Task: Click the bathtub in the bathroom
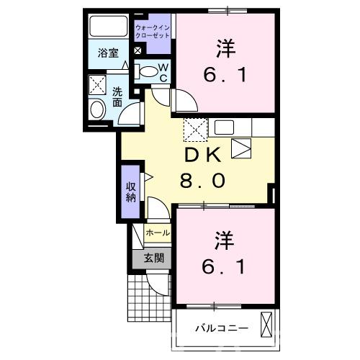[x=109, y=28]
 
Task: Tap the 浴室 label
[x=109, y=53]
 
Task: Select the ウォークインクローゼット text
[x=153, y=31]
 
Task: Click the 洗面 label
[x=117, y=96]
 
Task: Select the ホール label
[x=158, y=233]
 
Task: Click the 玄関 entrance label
[x=153, y=258]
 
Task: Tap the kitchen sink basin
[x=224, y=129]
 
